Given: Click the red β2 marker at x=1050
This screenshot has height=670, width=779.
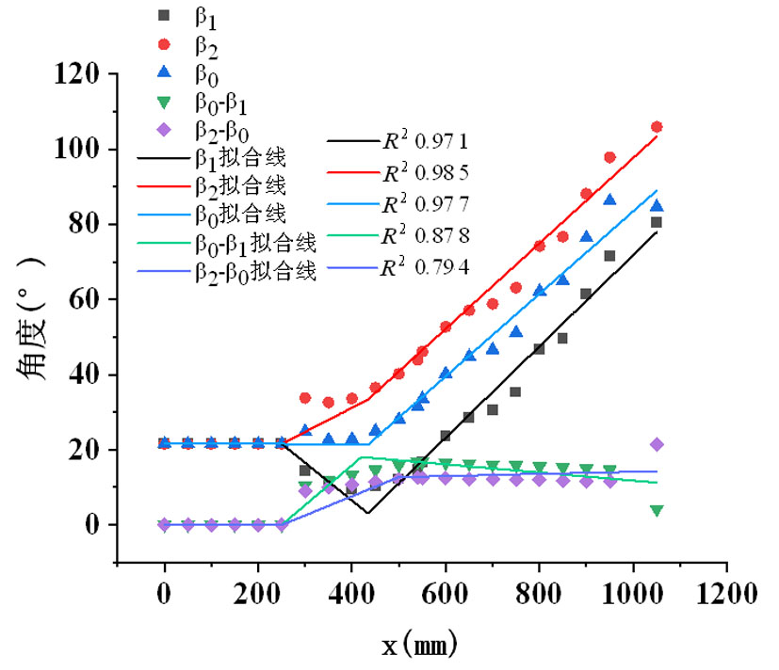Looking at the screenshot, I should (657, 127).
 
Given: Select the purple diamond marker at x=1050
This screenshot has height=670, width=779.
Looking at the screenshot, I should (657, 444).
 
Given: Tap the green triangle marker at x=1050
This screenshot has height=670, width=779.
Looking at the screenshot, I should (657, 510).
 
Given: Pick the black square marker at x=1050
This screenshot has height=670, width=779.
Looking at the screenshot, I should (657, 223).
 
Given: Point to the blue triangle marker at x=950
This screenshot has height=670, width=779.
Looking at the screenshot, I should (609, 199).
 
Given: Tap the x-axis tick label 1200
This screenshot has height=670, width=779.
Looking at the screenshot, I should (726, 595).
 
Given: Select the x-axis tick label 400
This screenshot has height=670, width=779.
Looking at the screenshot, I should (351, 595).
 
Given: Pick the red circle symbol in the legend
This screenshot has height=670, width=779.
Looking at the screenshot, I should (164, 43).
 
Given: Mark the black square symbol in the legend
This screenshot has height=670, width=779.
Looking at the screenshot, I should (164, 15).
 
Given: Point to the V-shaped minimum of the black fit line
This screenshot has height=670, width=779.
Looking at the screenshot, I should (367, 513).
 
